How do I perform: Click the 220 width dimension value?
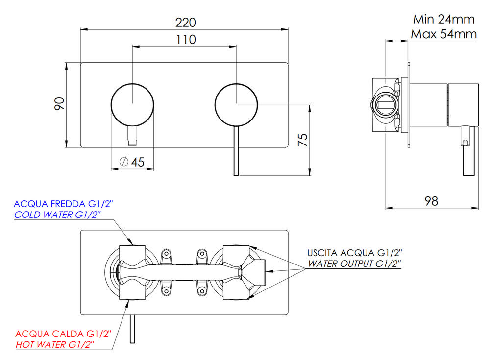pyautogui.click(x=185, y=23)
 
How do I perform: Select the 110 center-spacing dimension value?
pyautogui.click(x=185, y=40)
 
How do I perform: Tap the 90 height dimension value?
pyautogui.click(x=59, y=104)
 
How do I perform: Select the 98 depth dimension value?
pyautogui.click(x=431, y=201)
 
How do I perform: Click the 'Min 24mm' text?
pyautogui.click(x=444, y=20)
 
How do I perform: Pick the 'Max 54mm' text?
pyautogui.click(x=444, y=34)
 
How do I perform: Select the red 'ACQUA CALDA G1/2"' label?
pyautogui.click(x=63, y=334)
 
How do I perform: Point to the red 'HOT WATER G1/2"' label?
pyautogui.click(x=55, y=345)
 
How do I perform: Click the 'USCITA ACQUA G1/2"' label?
pyautogui.click(x=354, y=253)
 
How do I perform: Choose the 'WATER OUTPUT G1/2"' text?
pyautogui.click(x=354, y=264)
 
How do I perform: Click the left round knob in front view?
pyautogui.click(x=132, y=104)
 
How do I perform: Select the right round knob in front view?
pyautogui.click(x=236, y=104)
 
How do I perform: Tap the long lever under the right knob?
pyautogui.click(x=236, y=152)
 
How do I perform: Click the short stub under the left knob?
pyautogui.click(x=132, y=136)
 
